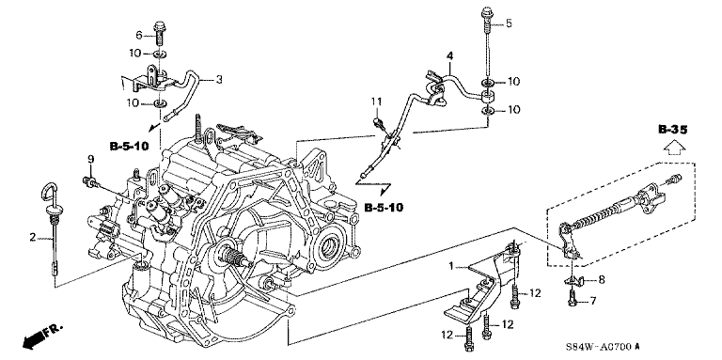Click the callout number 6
pyautogui.click(x=138, y=35)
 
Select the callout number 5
pyautogui.click(x=509, y=23)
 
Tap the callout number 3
pyautogui.click(x=219, y=80)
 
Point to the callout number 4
pyautogui.click(x=450, y=56)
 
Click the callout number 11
pyautogui.click(x=377, y=101)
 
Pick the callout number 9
pyautogui.click(x=90, y=159)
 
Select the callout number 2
pyautogui.click(x=33, y=238)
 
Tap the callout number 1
pyautogui.click(x=451, y=266)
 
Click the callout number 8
pyautogui.click(x=602, y=279)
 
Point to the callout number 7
pyautogui.click(x=593, y=302)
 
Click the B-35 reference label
pyautogui.click(x=672, y=131)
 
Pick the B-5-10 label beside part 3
pyautogui.click(x=130, y=147)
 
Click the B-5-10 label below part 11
pyautogui.click(x=384, y=208)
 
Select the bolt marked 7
pyautogui.click(x=572, y=297)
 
